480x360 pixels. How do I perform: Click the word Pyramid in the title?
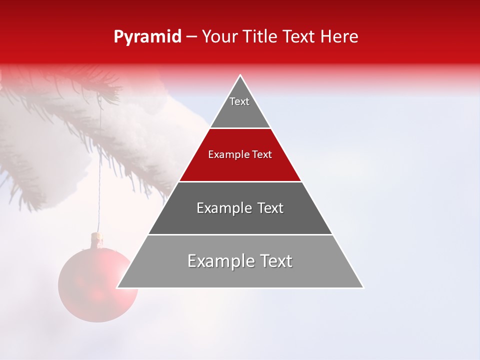coord(147,37)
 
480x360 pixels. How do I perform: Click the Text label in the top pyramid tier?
coord(239,101)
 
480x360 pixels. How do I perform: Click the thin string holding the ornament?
coord(99,190)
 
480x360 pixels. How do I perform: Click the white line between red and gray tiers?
coord(240,181)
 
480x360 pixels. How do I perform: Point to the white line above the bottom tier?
coord(240,234)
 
